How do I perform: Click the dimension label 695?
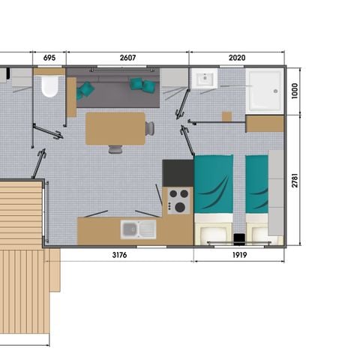(49, 58)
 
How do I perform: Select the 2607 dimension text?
(127, 58)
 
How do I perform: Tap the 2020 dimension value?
(237, 58)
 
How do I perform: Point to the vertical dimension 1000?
(295, 90)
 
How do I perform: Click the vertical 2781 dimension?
(295, 180)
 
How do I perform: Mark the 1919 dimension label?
(238, 255)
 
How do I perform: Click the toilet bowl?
(49, 88)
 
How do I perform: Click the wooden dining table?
(115, 127)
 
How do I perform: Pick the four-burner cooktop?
(178, 200)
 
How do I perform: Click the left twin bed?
(214, 196)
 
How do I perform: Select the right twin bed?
(257, 196)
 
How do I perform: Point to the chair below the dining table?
(115, 149)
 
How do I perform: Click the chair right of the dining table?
(150, 128)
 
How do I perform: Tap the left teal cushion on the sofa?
(87, 89)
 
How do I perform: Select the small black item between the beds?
(238, 239)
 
